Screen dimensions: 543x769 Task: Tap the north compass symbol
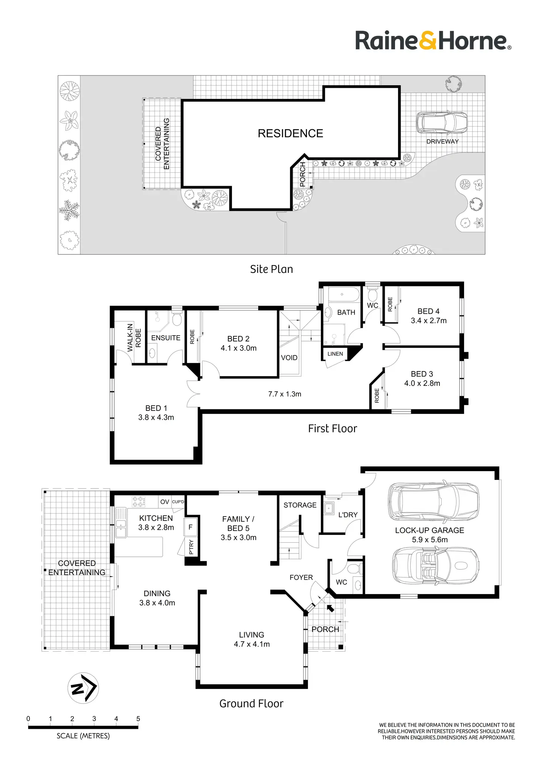(83, 688)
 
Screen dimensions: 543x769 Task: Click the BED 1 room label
(156, 408)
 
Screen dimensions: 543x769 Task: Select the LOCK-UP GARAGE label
(429, 530)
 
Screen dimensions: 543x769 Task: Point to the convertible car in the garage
(435, 565)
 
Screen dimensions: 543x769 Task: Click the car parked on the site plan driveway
(442, 122)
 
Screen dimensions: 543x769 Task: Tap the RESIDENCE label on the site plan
(290, 133)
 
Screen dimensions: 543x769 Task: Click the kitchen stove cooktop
(139, 501)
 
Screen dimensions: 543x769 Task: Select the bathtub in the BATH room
(343, 295)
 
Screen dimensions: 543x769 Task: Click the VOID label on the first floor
(289, 357)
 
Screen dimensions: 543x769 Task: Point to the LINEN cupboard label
(335, 354)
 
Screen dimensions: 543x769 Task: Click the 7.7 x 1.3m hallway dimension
(284, 394)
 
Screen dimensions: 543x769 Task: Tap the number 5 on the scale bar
(138, 718)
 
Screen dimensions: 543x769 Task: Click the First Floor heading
(332, 428)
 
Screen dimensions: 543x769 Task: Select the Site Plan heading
(271, 269)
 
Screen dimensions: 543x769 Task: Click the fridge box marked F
(190, 527)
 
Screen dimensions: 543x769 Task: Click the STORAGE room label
(300, 505)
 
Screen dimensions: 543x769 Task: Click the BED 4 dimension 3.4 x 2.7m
(429, 320)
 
